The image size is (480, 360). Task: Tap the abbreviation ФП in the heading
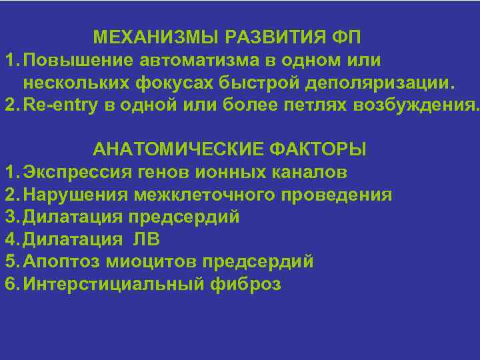pyautogui.click(x=347, y=36)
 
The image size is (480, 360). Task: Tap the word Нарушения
pyautogui.click(x=76, y=195)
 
